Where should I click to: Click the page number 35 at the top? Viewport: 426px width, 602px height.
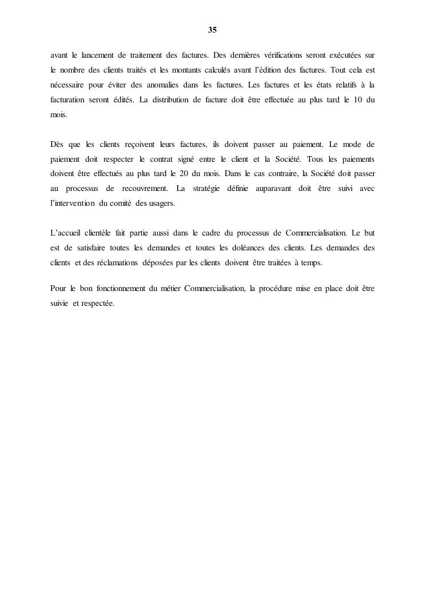pyautogui.click(x=213, y=29)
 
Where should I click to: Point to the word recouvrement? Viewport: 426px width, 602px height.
pyautogui.click(x=144, y=188)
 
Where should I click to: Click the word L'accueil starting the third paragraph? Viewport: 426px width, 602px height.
pyautogui.click(x=65, y=233)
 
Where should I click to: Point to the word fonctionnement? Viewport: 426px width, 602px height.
pyautogui.click(x=122, y=288)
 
